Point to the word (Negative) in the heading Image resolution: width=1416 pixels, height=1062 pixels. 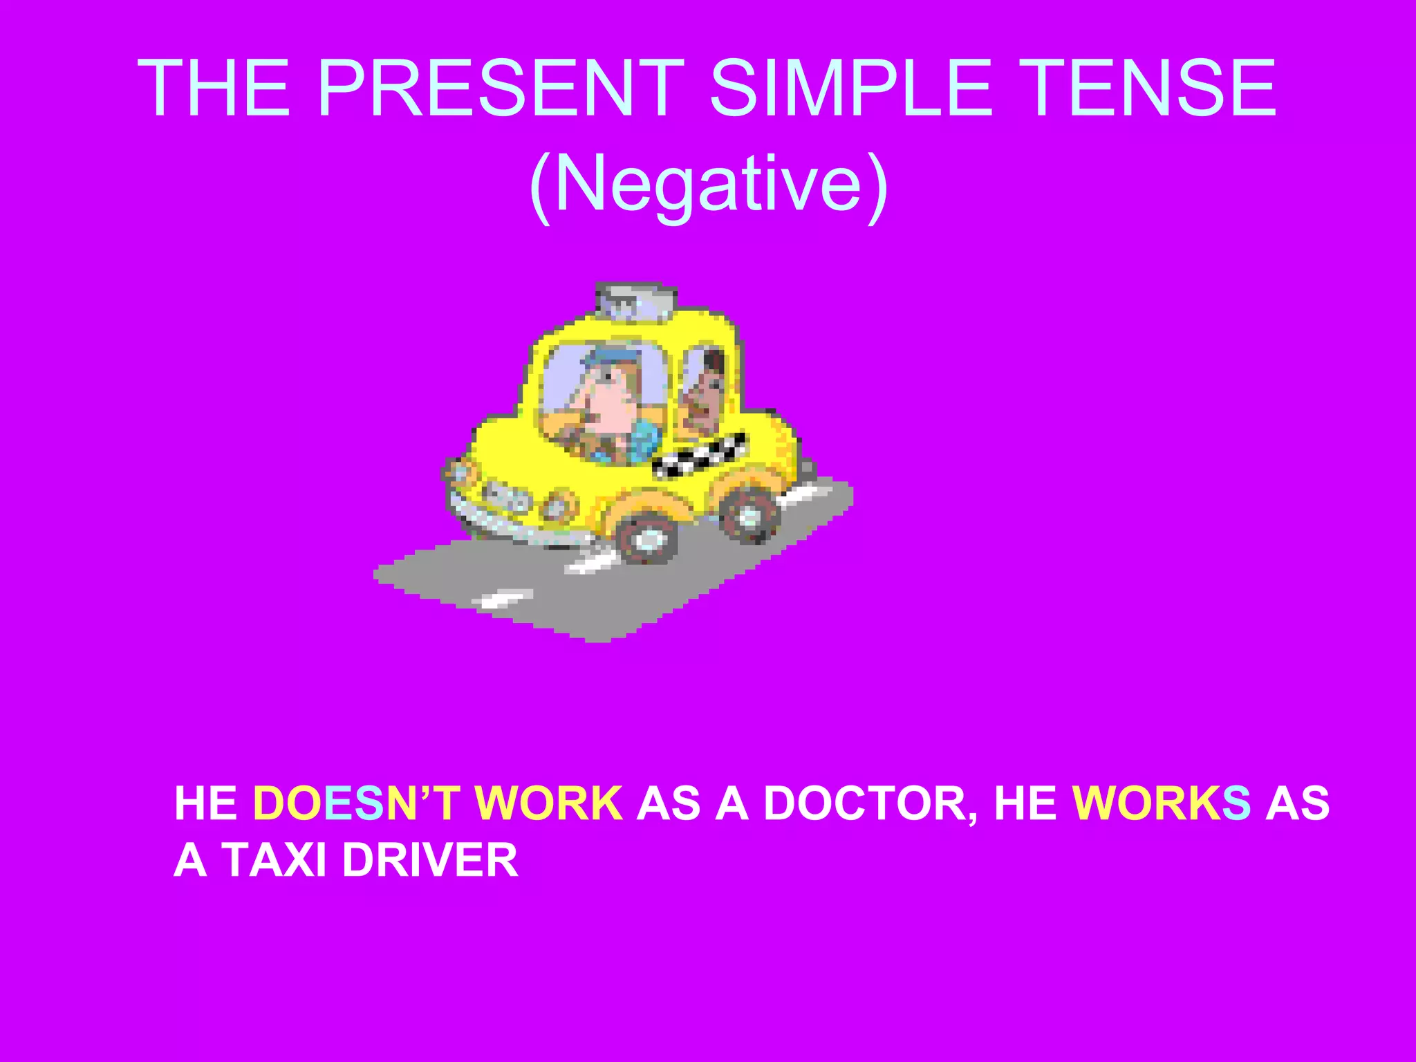click(x=708, y=184)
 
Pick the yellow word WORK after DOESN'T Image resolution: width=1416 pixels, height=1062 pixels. click(x=548, y=803)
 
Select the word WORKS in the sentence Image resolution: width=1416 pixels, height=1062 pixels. click(x=1161, y=803)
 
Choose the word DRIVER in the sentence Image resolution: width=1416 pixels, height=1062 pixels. click(x=430, y=861)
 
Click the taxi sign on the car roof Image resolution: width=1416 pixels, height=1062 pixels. click(x=635, y=301)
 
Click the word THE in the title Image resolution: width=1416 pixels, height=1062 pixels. click(x=214, y=88)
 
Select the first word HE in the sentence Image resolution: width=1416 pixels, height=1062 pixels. click(x=206, y=803)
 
